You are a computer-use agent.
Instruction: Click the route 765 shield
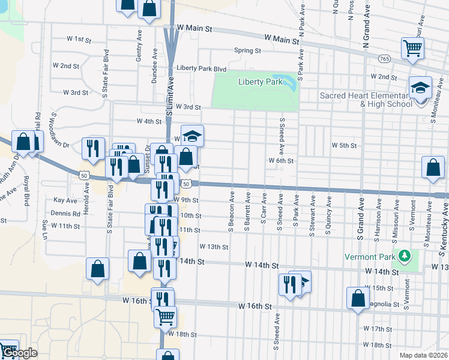pyautogui.click(x=385, y=58)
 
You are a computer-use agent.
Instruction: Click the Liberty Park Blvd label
pyautogui.click(x=201, y=68)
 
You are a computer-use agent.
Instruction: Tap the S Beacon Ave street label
pyautogui.click(x=231, y=211)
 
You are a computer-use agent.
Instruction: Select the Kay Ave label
pyautogui.click(x=65, y=200)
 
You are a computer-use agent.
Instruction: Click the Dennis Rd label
pyautogui.click(x=67, y=213)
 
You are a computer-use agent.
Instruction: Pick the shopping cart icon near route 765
pyautogui.click(x=412, y=48)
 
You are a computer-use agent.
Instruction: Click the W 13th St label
pyautogui.click(x=214, y=247)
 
